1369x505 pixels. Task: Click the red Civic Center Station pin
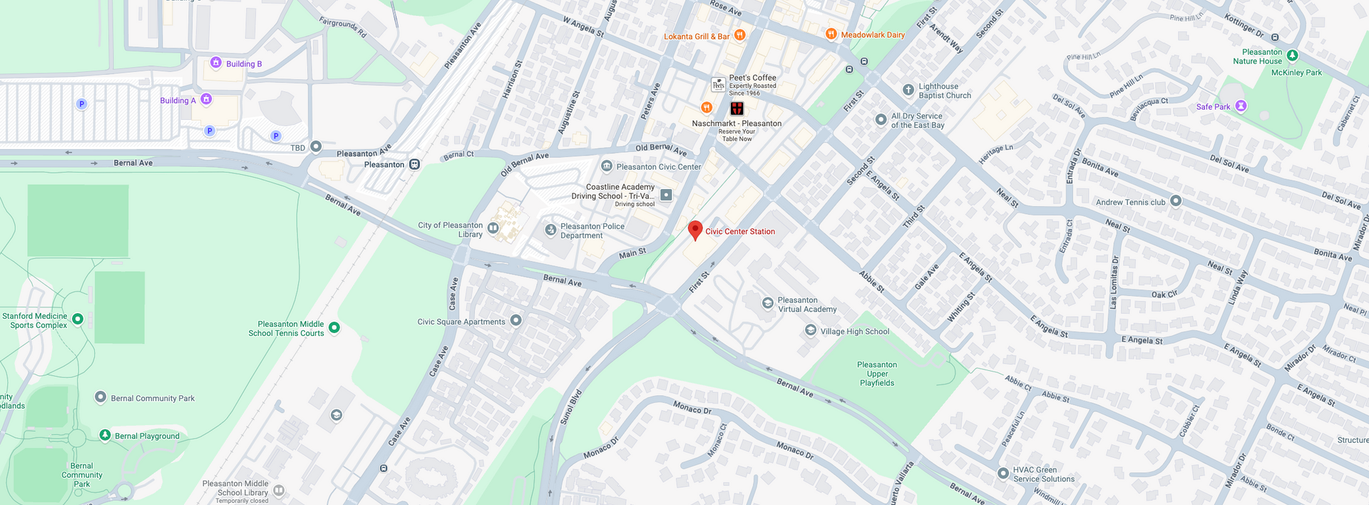click(x=695, y=230)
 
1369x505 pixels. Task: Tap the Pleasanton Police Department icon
click(x=550, y=230)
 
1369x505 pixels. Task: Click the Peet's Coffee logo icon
click(x=719, y=84)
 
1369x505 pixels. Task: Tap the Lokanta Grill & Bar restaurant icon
click(x=740, y=35)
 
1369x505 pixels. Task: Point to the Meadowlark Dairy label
click(x=873, y=35)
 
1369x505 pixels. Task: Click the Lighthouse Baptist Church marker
click(x=908, y=90)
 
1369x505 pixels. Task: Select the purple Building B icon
click(x=216, y=63)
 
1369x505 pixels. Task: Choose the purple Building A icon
click(x=206, y=99)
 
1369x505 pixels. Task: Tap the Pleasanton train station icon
click(x=414, y=164)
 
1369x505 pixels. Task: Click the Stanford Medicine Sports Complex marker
click(x=78, y=320)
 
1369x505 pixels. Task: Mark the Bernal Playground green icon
click(x=105, y=435)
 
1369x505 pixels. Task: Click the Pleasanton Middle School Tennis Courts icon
click(x=334, y=327)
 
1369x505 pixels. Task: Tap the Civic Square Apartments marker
click(x=516, y=320)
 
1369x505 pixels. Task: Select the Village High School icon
click(x=811, y=330)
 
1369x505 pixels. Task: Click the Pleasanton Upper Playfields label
click(x=877, y=374)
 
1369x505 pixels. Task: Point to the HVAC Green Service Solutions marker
click(x=1003, y=473)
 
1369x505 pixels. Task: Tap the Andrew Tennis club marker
click(x=1176, y=201)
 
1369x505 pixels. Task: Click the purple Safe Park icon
click(x=1241, y=106)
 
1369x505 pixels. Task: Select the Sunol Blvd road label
click(x=570, y=407)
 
